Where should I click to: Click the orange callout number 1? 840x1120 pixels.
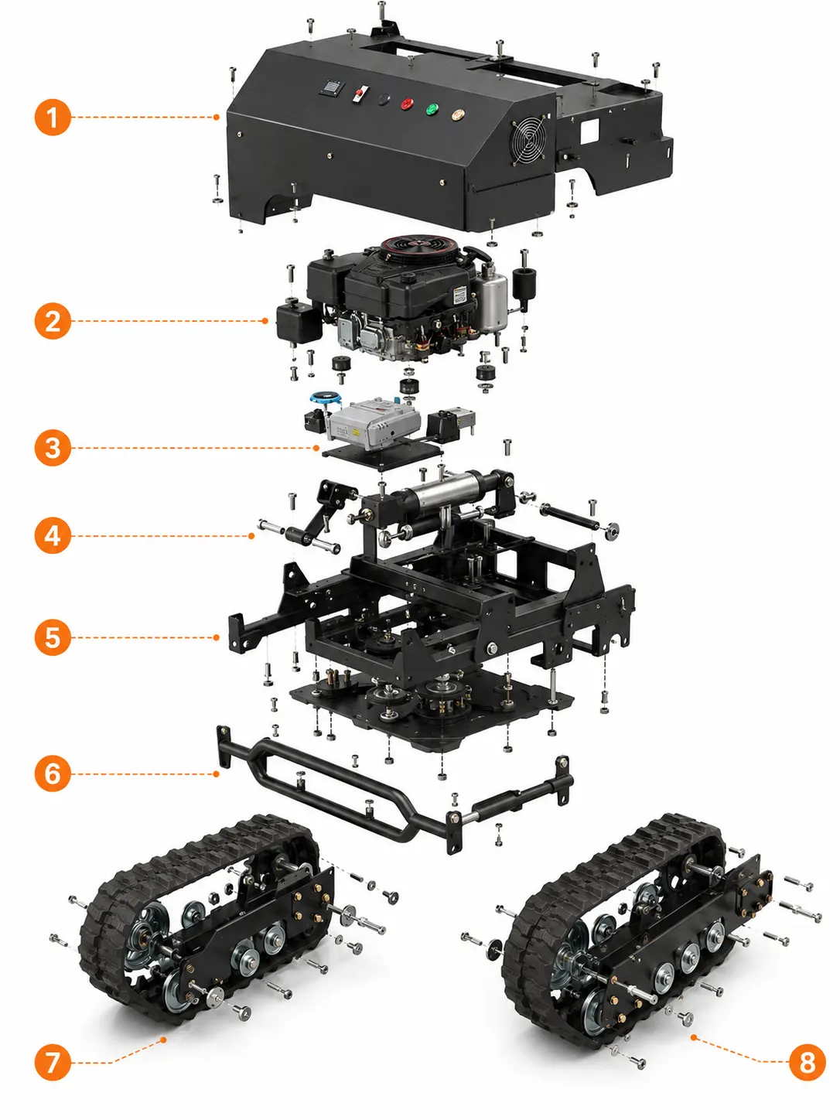point(53,118)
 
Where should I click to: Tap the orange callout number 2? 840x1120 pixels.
point(53,321)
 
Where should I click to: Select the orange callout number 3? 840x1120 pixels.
point(53,448)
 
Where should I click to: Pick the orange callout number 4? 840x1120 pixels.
point(53,536)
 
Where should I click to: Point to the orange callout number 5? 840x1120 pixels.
point(53,637)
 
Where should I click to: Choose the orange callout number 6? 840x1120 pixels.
point(53,773)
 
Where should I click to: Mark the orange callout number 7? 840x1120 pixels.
point(53,1062)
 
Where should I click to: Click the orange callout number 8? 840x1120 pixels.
point(806,1062)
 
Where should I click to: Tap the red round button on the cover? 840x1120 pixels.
point(407,104)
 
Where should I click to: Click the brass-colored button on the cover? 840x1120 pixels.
point(457,114)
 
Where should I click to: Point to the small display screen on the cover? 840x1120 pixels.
point(332,88)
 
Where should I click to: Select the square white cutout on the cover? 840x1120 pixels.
point(589,131)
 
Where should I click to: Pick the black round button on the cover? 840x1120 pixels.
point(384,100)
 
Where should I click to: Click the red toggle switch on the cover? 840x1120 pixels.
point(360,94)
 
